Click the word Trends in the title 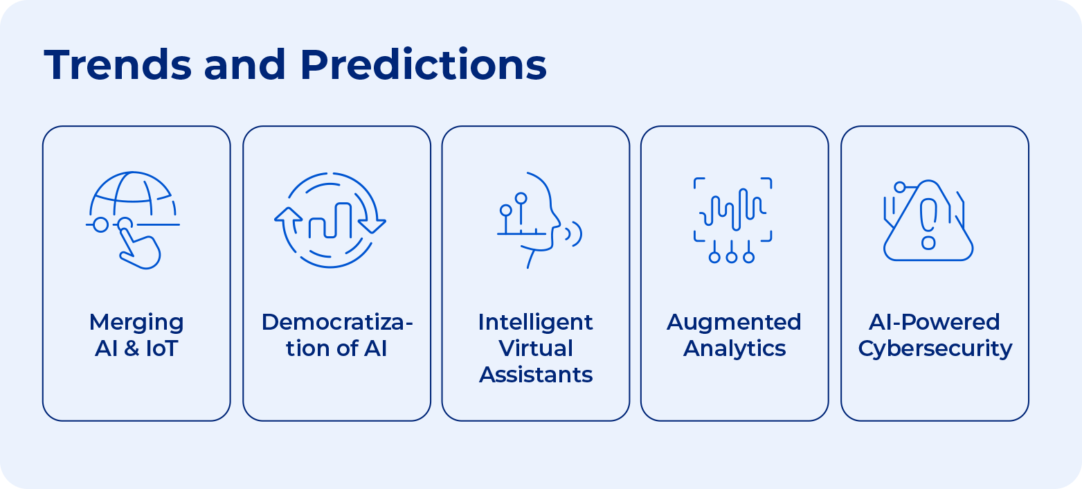pyautogui.click(x=118, y=65)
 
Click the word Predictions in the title pyautogui.click(x=423, y=65)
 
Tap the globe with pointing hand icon pyautogui.click(x=133, y=219)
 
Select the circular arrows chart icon pyautogui.click(x=330, y=220)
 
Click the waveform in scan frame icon pyautogui.click(x=732, y=219)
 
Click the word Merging pyautogui.click(x=136, y=322)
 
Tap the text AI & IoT pyautogui.click(x=136, y=348)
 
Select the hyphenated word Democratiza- pyautogui.click(x=336, y=322)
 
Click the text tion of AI pyautogui.click(x=336, y=348)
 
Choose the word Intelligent pyautogui.click(x=535, y=322)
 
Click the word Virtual pyautogui.click(x=535, y=348)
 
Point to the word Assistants pyautogui.click(x=535, y=375)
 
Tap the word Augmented pyautogui.click(x=734, y=322)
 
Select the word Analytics pyautogui.click(x=734, y=348)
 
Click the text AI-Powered pyautogui.click(x=935, y=322)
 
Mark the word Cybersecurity pyautogui.click(x=935, y=348)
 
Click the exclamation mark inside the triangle pyautogui.click(x=928, y=222)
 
